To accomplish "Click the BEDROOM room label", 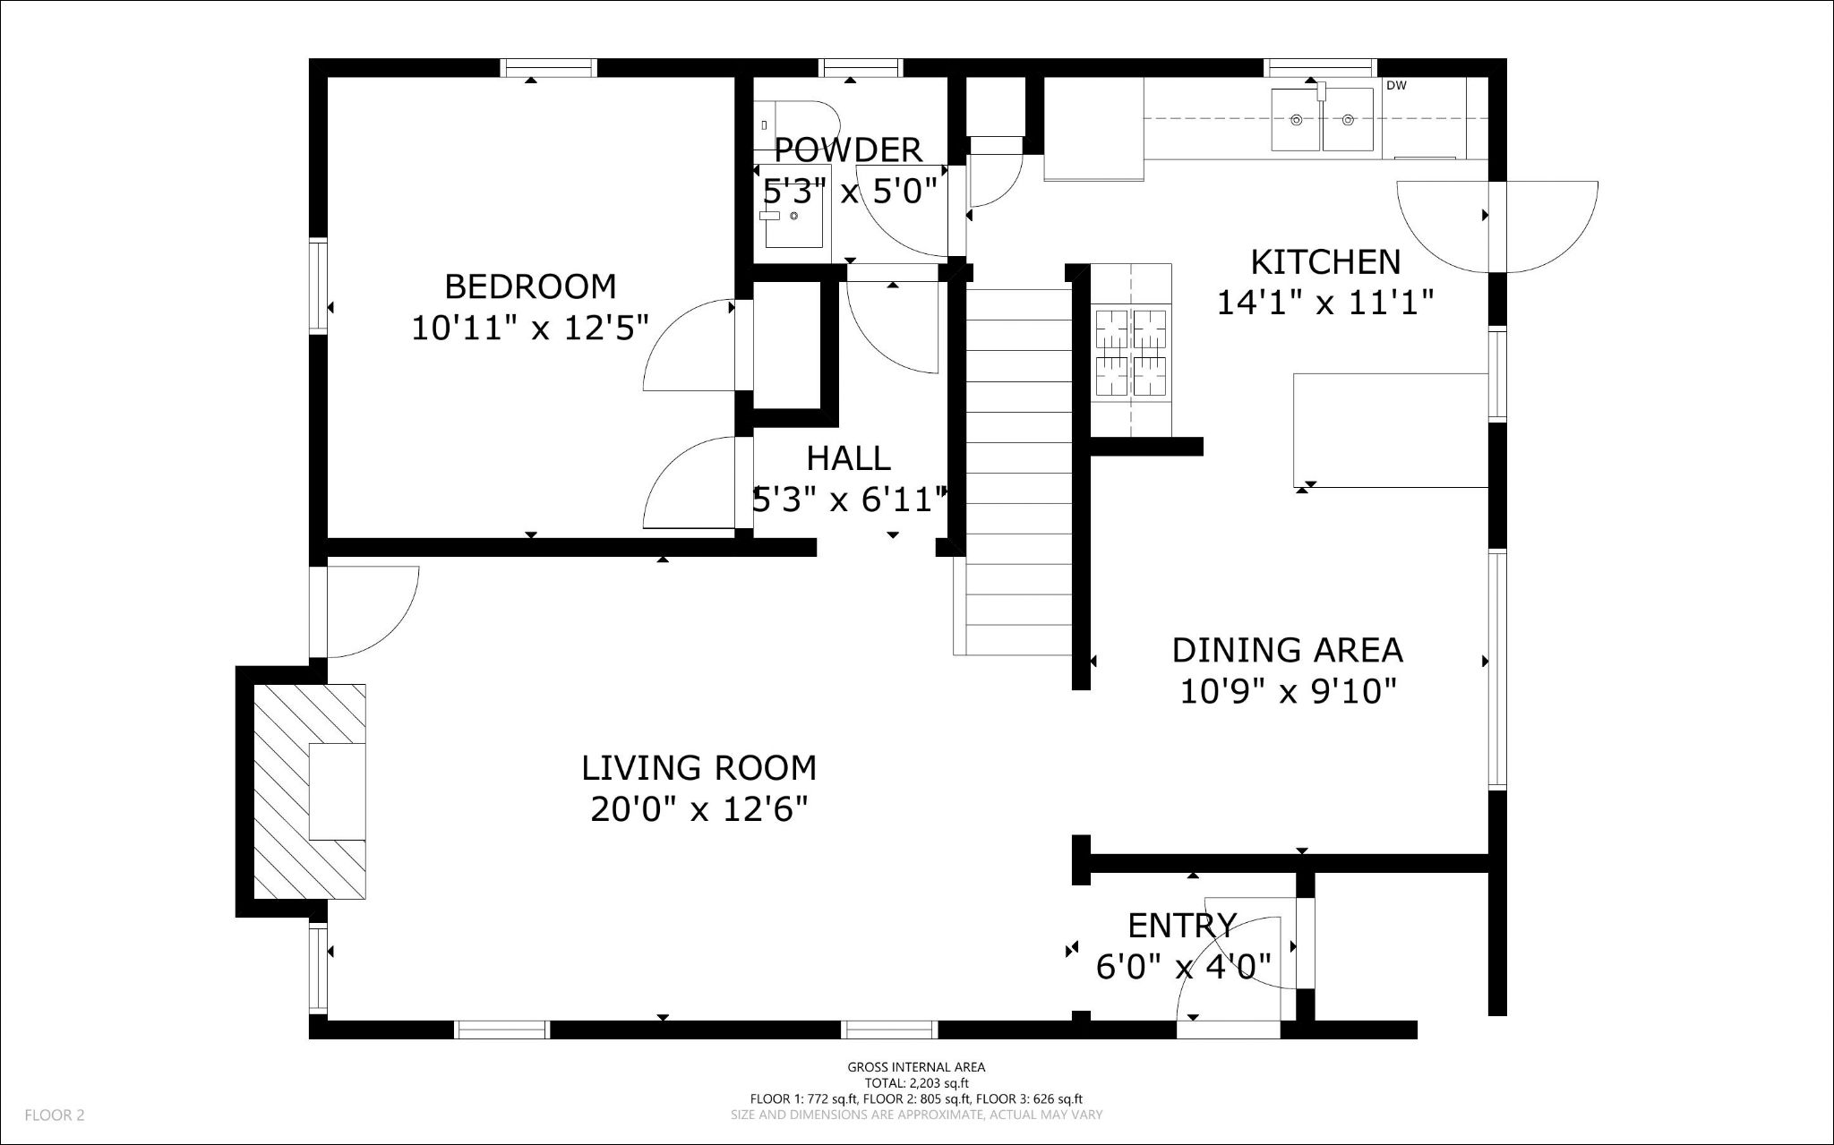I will click(x=530, y=286).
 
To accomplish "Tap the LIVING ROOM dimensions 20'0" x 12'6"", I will click(x=698, y=810).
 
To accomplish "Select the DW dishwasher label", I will click(x=1395, y=86).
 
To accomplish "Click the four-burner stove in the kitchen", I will click(x=1132, y=352).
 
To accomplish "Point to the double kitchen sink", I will click(x=1323, y=119).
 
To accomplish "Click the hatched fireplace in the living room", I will click(x=309, y=791).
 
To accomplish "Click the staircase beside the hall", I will click(x=1019, y=466).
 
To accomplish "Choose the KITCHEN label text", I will click(x=1324, y=262).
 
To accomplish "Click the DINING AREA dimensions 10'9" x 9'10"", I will click(x=1288, y=691).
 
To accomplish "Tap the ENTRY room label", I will click(x=1182, y=925).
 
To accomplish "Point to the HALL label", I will click(x=848, y=458).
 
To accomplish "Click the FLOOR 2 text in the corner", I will click(x=55, y=1115).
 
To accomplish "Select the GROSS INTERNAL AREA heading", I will click(x=916, y=1067).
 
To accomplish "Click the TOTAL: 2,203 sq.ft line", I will click(x=916, y=1083).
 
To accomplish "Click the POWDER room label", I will click(x=847, y=150).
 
